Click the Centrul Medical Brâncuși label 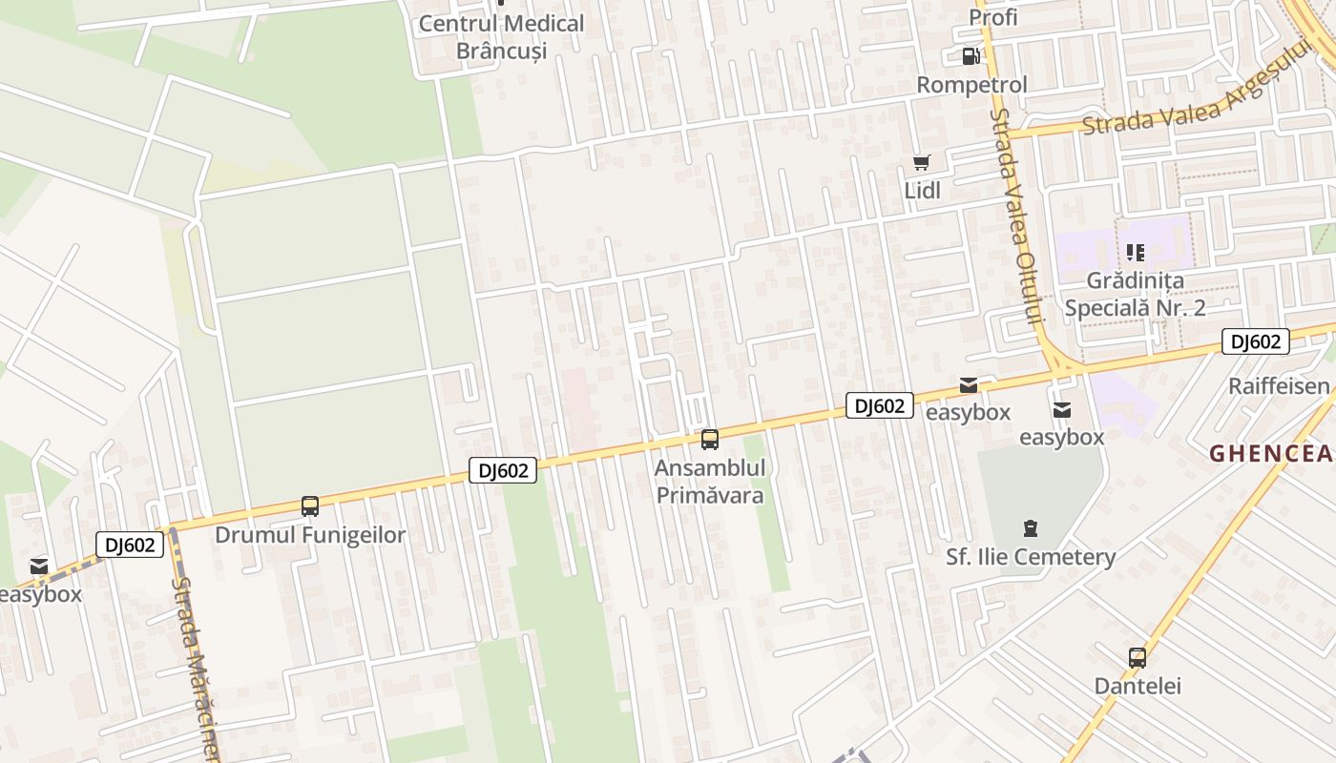pyautogui.click(x=501, y=36)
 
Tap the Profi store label pyautogui.click(x=992, y=17)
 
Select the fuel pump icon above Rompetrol pyautogui.click(x=971, y=56)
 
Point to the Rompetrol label pyautogui.click(x=971, y=85)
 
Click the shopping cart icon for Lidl pyautogui.click(x=921, y=163)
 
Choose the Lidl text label pyautogui.click(x=922, y=191)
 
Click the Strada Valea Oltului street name pyautogui.click(x=1014, y=215)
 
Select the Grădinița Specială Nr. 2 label pyautogui.click(x=1135, y=294)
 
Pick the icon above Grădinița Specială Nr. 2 pyautogui.click(x=1135, y=253)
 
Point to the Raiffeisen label pyautogui.click(x=1278, y=386)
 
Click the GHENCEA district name pyautogui.click(x=1272, y=454)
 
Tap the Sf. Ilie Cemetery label pyautogui.click(x=1030, y=557)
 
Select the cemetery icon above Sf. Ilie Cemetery pyautogui.click(x=1030, y=527)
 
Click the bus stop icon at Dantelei pyautogui.click(x=1137, y=657)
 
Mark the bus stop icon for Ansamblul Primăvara pyautogui.click(x=710, y=440)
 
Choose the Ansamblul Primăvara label pyautogui.click(x=709, y=483)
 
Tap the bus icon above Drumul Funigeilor pyautogui.click(x=310, y=506)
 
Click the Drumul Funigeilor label pyautogui.click(x=310, y=535)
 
